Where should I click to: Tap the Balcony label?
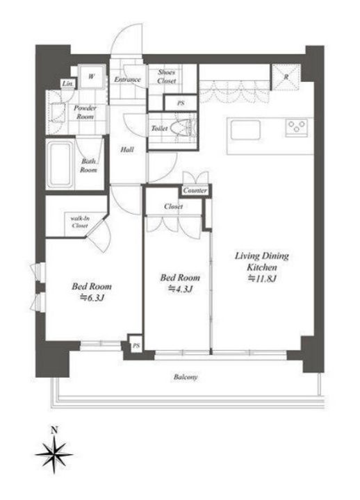click(186, 377)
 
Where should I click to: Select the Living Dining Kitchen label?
click(262, 261)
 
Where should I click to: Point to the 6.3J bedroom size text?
click(92, 298)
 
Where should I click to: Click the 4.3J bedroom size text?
click(180, 289)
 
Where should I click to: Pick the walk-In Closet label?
click(80, 222)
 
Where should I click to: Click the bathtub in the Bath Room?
click(60, 164)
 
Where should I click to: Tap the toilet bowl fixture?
click(183, 128)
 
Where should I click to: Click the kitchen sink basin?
click(245, 130)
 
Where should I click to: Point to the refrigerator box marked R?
click(286, 77)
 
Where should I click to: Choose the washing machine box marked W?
click(92, 76)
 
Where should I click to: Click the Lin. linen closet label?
click(67, 84)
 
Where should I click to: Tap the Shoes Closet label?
click(167, 76)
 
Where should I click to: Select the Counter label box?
click(195, 191)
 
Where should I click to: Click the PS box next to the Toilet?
click(181, 103)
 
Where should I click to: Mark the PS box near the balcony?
click(136, 346)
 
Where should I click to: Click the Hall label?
click(127, 149)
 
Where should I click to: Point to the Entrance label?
click(127, 80)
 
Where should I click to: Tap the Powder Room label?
click(85, 112)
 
